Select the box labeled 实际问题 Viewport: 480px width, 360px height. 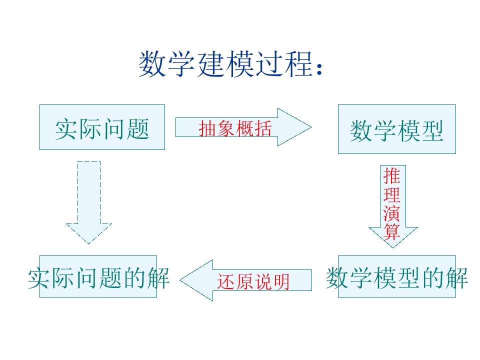102,127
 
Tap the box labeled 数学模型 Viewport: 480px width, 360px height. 396,129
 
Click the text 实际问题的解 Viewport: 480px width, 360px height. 98,278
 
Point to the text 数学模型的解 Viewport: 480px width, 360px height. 396,278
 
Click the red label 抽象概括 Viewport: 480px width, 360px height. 235,128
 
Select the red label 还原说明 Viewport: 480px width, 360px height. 253,281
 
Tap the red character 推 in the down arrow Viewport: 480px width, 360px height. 391,176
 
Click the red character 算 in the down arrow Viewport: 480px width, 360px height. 391,232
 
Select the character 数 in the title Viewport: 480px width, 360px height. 152,64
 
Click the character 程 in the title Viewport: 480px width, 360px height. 299,64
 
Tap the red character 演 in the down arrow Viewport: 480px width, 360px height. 391,213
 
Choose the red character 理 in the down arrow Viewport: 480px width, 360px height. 391,195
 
